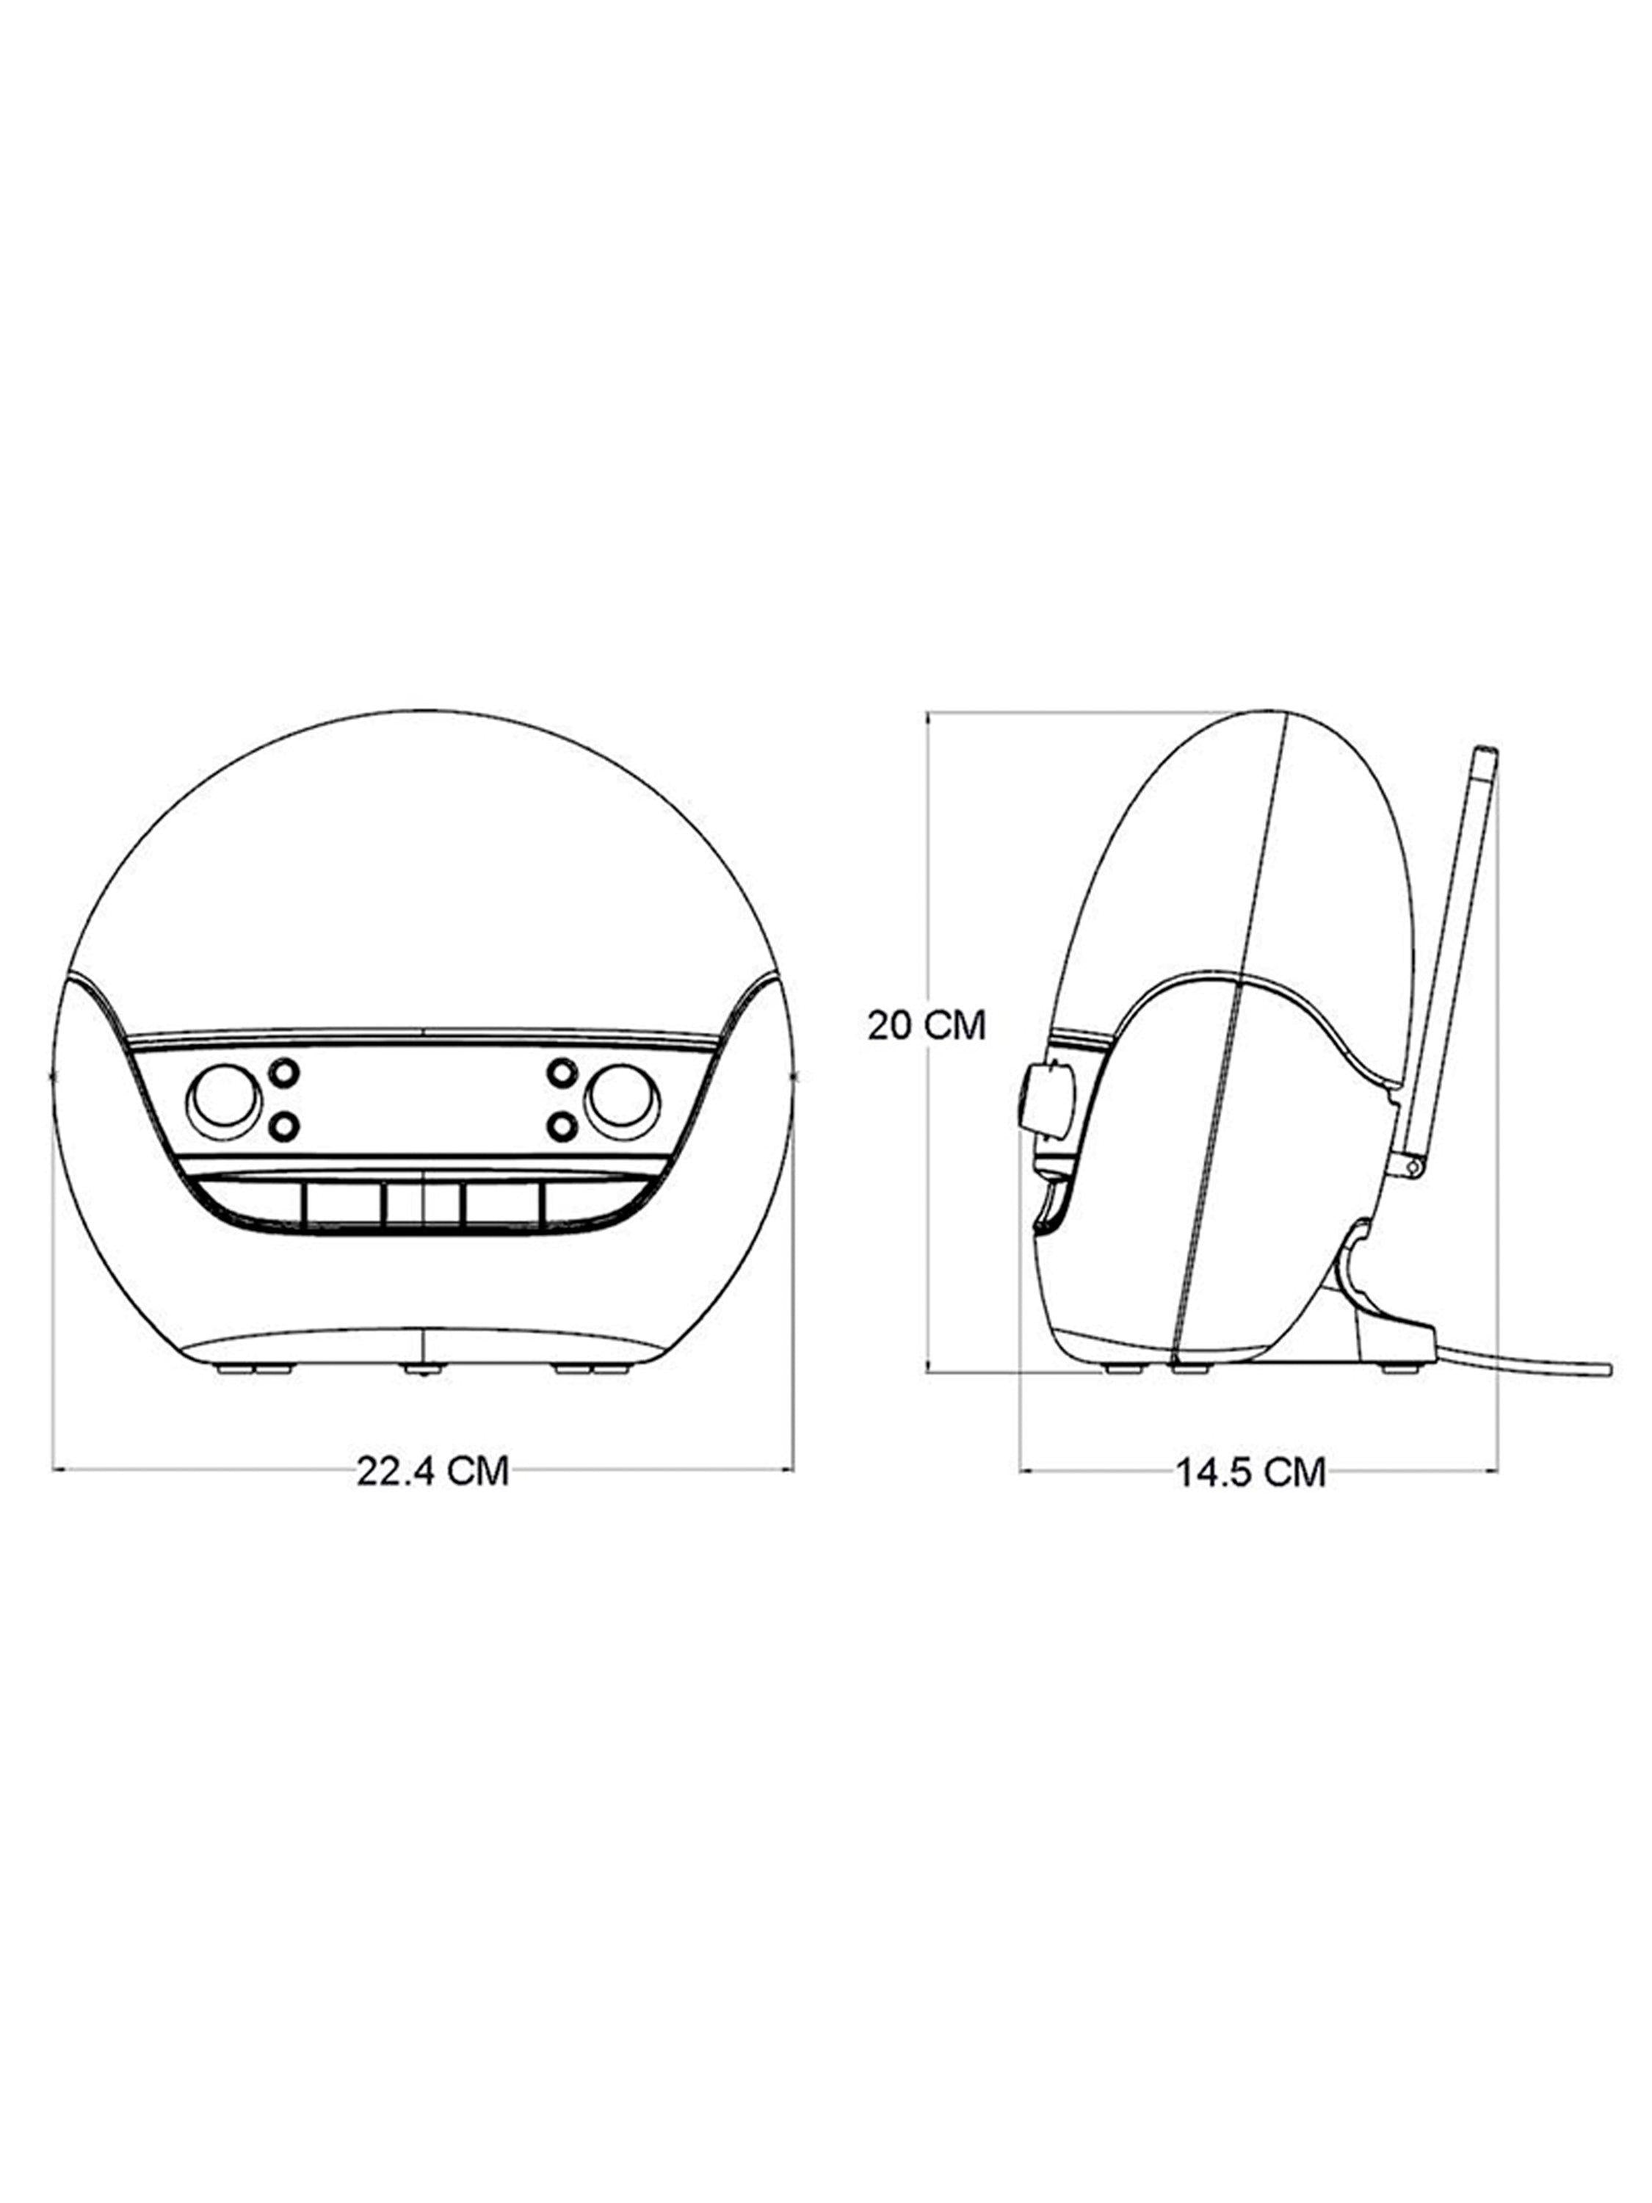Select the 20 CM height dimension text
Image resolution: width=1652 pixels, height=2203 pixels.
click(x=926, y=1025)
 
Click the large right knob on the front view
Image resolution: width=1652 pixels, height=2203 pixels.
click(x=623, y=1101)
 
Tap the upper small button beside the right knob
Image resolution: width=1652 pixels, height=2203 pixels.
click(x=562, y=1074)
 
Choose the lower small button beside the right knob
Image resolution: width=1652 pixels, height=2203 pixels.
click(x=562, y=1126)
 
